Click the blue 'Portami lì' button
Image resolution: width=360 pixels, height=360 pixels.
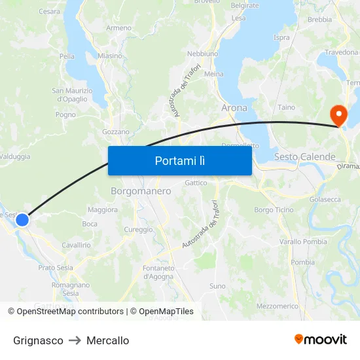click(x=179, y=160)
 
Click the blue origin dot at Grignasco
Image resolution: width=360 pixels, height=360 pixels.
click(x=22, y=220)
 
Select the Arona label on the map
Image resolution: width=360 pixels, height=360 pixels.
click(x=234, y=107)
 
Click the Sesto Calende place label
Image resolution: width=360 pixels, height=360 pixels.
click(x=304, y=157)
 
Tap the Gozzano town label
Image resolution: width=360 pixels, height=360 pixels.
click(x=116, y=132)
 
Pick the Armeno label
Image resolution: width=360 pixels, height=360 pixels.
click(x=118, y=28)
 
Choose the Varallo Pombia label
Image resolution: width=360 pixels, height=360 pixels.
click(x=303, y=242)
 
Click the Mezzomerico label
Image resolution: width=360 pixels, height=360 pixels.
click(x=278, y=306)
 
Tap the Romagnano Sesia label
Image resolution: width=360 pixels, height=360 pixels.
click(x=70, y=289)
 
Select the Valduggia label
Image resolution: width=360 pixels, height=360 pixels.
click(x=15, y=156)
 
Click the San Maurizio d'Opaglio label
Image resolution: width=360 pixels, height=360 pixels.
click(x=72, y=95)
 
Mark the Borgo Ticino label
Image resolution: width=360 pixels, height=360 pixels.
click(x=274, y=209)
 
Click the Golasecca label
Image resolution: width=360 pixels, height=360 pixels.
click(x=325, y=199)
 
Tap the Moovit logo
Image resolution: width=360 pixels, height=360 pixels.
click(x=321, y=339)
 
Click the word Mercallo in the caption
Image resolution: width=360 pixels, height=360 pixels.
click(x=107, y=340)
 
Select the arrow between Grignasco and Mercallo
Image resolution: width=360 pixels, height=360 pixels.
click(x=75, y=340)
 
